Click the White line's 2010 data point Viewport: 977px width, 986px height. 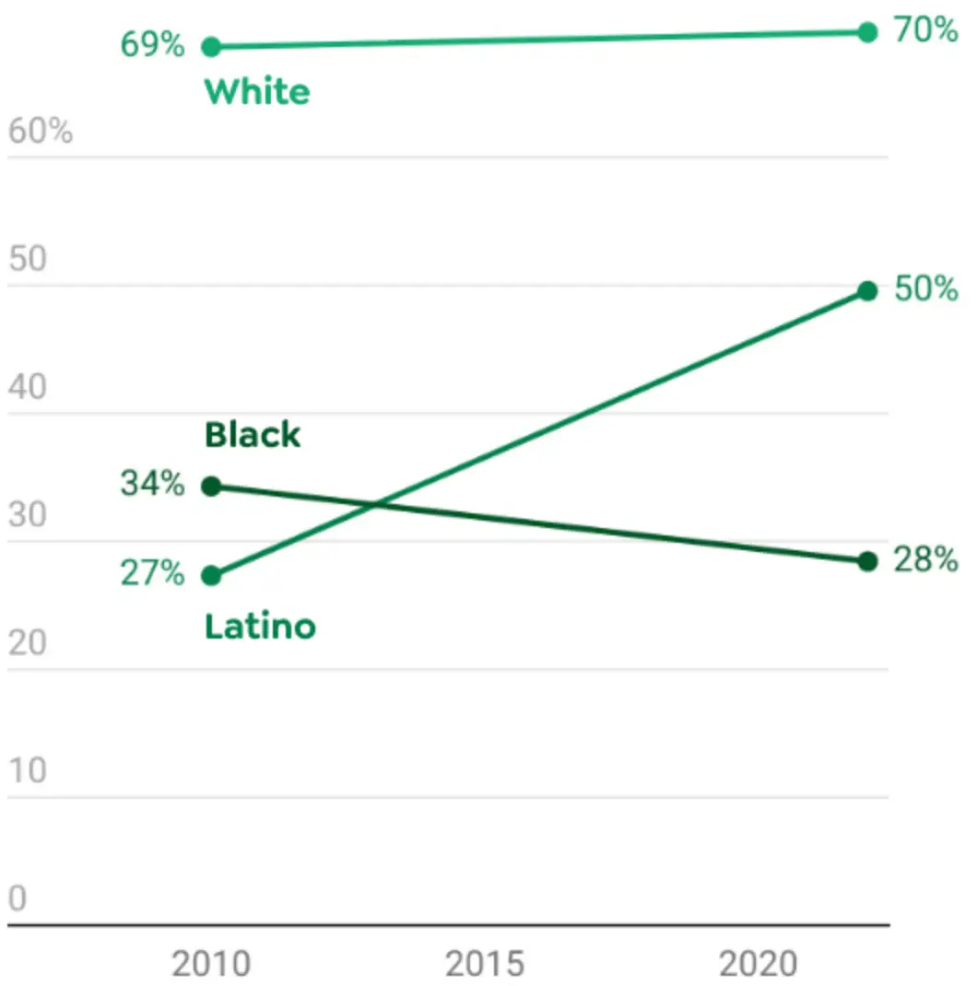click(x=211, y=46)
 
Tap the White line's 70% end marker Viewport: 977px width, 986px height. click(x=867, y=32)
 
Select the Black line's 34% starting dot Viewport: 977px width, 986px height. click(x=211, y=486)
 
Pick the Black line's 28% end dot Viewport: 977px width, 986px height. click(x=867, y=561)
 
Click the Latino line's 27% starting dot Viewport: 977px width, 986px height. click(x=211, y=576)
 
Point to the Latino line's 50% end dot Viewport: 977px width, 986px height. click(x=867, y=291)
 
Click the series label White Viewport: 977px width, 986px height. click(x=257, y=92)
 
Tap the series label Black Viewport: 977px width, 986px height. click(x=253, y=435)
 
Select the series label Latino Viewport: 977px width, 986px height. click(x=260, y=627)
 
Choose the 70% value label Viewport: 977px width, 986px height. click(x=925, y=30)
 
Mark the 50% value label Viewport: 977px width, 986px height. click(x=925, y=289)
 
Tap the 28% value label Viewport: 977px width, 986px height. click(x=925, y=559)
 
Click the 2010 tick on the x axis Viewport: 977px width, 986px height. click(x=211, y=964)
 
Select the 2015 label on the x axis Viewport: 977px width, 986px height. click(x=485, y=964)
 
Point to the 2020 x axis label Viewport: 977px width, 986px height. click(x=758, y=964)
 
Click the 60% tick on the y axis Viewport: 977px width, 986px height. click(x=41, y=132)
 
